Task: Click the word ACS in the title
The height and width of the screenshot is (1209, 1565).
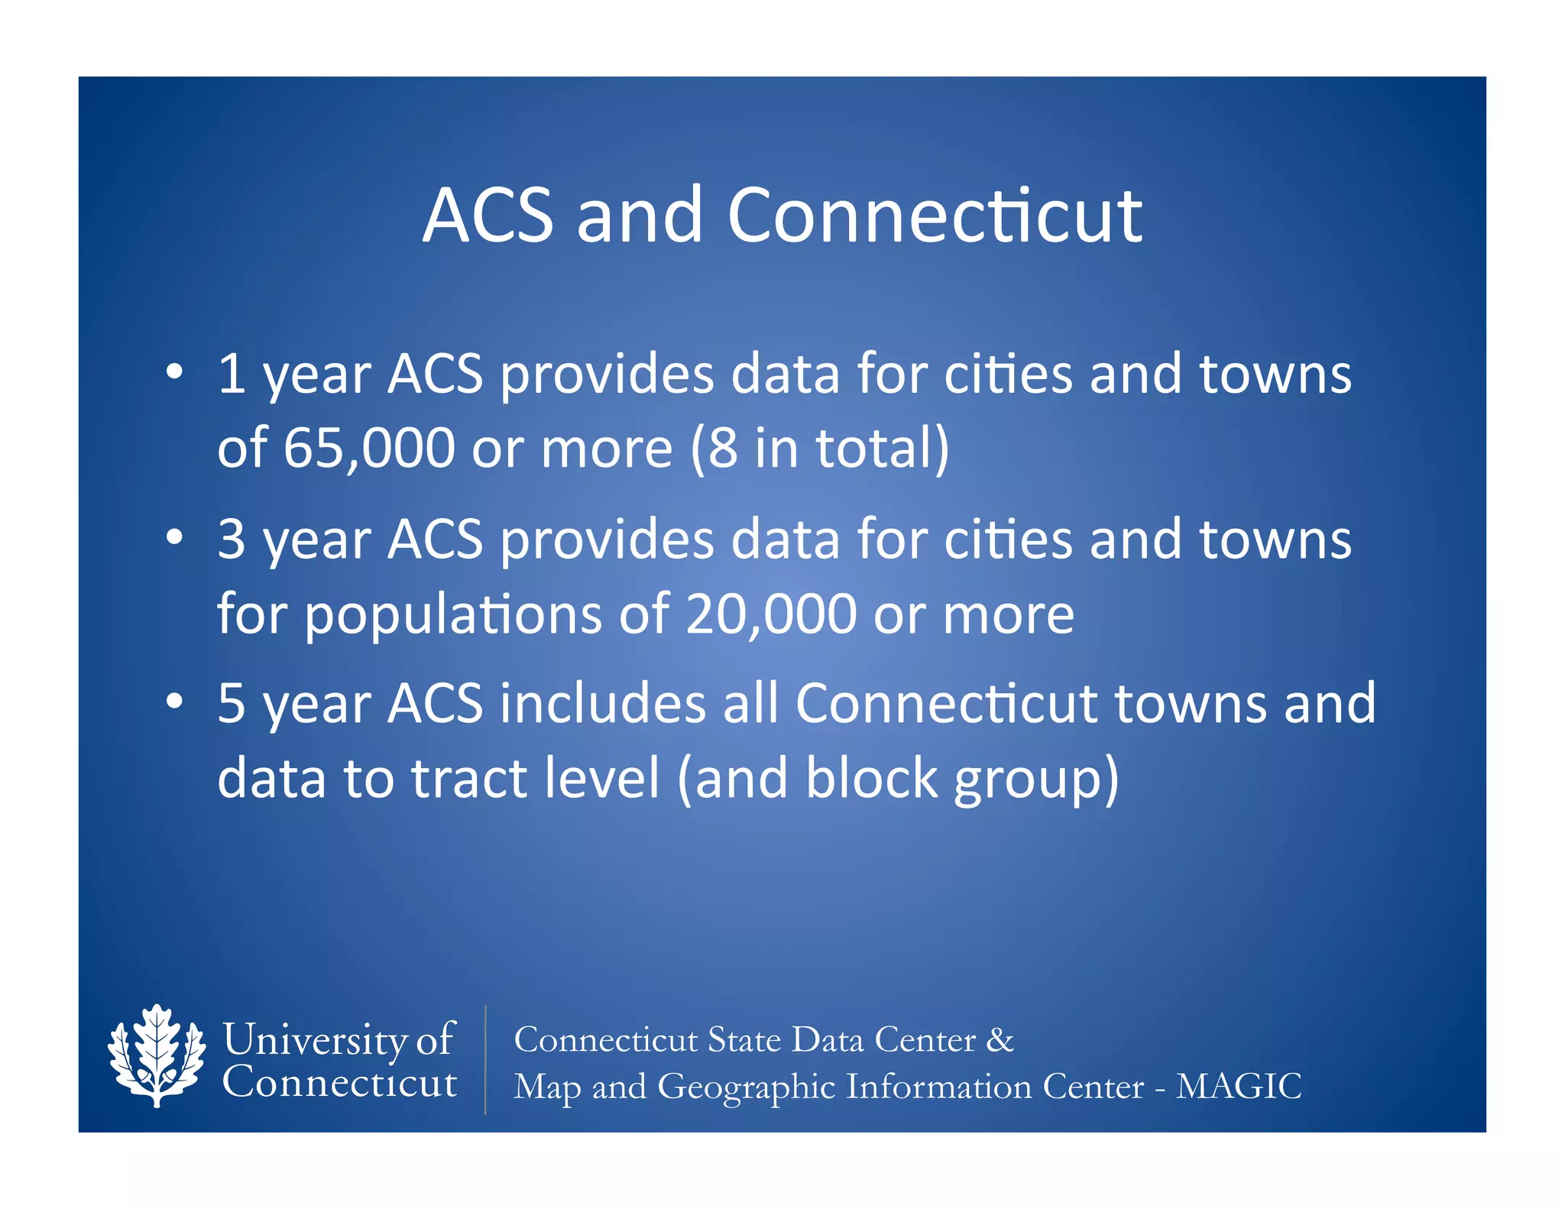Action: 488,216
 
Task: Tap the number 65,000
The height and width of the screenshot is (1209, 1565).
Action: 370,448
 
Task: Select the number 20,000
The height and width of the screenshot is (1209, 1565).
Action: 771,614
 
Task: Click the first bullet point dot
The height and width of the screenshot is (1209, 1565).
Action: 175,371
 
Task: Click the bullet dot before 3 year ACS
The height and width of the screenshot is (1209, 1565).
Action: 175,537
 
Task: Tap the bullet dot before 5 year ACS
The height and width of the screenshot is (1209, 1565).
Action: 175,701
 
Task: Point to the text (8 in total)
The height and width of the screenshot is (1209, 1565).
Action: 820,448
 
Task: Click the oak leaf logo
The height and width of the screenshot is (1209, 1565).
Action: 157,1055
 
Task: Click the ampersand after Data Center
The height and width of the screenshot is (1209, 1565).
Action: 1000,1039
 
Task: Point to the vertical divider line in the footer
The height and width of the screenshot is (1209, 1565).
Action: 485,1059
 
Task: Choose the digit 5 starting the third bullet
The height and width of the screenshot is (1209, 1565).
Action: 231,703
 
